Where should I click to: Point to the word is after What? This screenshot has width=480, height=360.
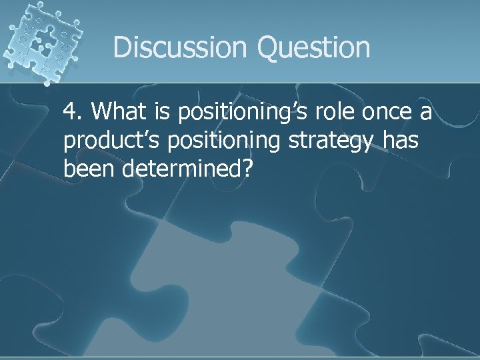pyautogui.click(x=165, y=112)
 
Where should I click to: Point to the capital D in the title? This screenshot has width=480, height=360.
pyautogui.click(x=123, y=47)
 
